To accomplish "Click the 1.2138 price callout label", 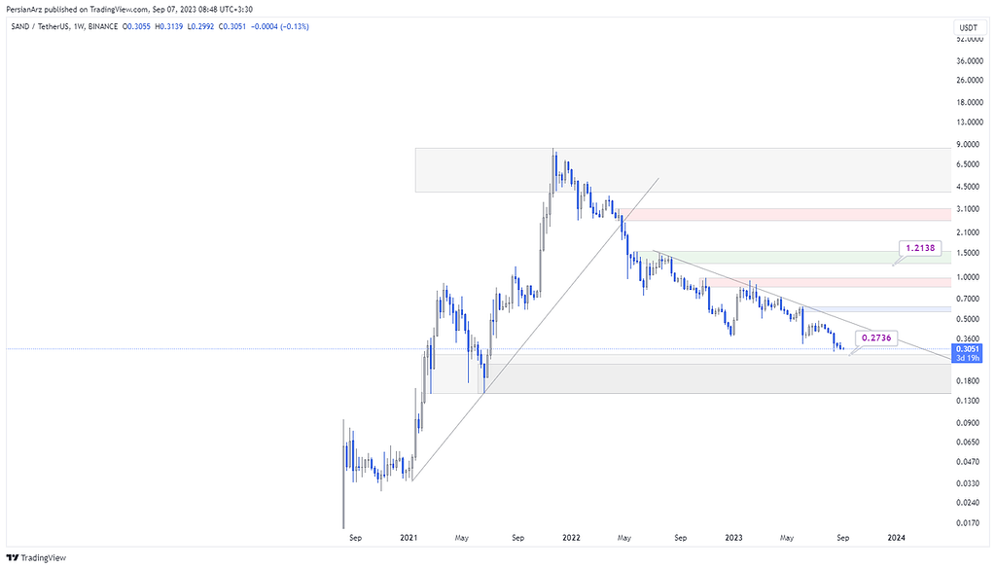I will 919,249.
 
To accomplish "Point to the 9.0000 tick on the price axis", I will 966,145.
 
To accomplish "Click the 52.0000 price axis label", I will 966,39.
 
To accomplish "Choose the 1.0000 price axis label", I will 966,276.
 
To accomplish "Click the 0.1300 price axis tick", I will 966,401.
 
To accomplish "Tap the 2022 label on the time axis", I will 571,536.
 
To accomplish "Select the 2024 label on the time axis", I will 897,536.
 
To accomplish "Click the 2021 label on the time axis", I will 409,536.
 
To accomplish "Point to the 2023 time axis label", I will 734,536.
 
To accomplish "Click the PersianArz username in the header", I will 26,7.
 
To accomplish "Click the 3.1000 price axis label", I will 966,208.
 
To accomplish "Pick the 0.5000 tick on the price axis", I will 966,317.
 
